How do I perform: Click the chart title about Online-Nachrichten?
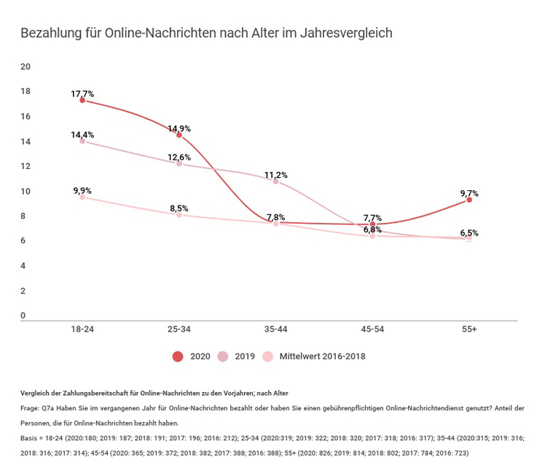(206, 34)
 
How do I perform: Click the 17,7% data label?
(82, 94)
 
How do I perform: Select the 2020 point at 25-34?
(179, 135)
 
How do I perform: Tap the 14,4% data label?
(82, 135)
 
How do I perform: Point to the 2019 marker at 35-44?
(276, 181)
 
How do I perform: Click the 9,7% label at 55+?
(469, 193)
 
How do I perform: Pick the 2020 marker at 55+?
(469, 200)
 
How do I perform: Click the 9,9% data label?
(82, 191)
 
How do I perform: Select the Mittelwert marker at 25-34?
(179, 215)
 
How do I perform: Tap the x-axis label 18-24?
(82, 329)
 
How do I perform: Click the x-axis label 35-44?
(276, 329)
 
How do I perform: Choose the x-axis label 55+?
(469, 329)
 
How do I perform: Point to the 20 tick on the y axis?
(26, 67)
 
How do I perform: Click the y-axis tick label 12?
(26, 166)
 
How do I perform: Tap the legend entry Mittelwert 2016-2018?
(314, 356)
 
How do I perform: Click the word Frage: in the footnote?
(31, 408)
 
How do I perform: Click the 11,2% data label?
(276, 175)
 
